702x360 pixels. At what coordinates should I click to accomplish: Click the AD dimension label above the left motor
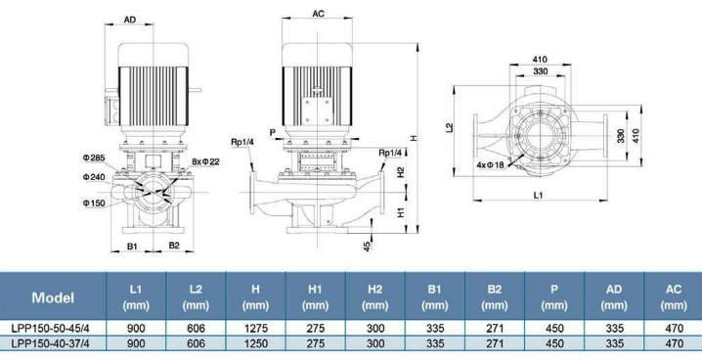coord(130,20)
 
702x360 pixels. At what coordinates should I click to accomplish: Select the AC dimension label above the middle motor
coord(318,14)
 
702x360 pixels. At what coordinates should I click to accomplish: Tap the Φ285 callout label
coord(94,157)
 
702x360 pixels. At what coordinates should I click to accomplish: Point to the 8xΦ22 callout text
coord(205,161)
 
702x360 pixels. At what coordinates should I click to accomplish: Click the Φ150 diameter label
coord(94,202)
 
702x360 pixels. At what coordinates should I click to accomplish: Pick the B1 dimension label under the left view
coord(132,246)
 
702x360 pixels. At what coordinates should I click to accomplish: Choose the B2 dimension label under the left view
coord(174,246)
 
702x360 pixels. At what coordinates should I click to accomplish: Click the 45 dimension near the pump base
coord(367,247)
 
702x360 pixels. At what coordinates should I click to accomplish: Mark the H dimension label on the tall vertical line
coord(415,138)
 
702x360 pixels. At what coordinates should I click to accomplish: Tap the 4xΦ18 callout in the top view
coord(490,164)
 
